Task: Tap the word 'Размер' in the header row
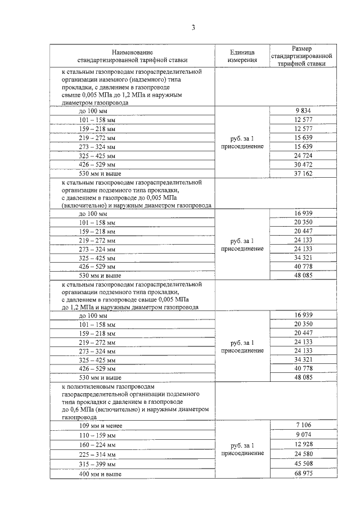point(301,48)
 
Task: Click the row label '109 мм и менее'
point(101,426)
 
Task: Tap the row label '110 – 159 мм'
point(97,435)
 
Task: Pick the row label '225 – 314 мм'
point(97,454)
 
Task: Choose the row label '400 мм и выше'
point(100,474)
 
